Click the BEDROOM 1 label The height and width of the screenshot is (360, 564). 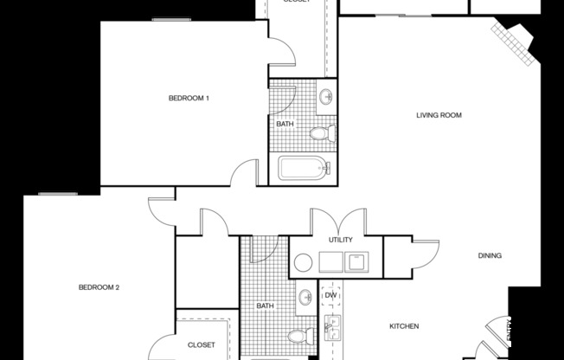189,99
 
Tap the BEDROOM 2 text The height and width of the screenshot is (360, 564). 98,287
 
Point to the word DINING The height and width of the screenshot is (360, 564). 490,255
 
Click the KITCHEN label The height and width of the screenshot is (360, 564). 404,326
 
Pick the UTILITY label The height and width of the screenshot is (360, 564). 340,239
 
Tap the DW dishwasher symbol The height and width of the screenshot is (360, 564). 330,296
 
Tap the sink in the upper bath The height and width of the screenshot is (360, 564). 326,96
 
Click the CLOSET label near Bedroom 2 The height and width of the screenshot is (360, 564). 201,344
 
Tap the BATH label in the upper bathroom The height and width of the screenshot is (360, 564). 285,124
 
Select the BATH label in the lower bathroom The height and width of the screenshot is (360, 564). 265,305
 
